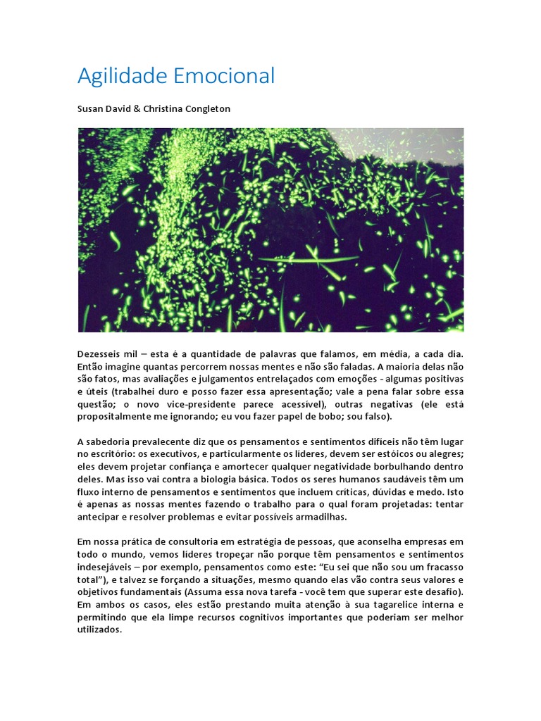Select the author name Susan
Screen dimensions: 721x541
pyautogui.click(x=91, y=109)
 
